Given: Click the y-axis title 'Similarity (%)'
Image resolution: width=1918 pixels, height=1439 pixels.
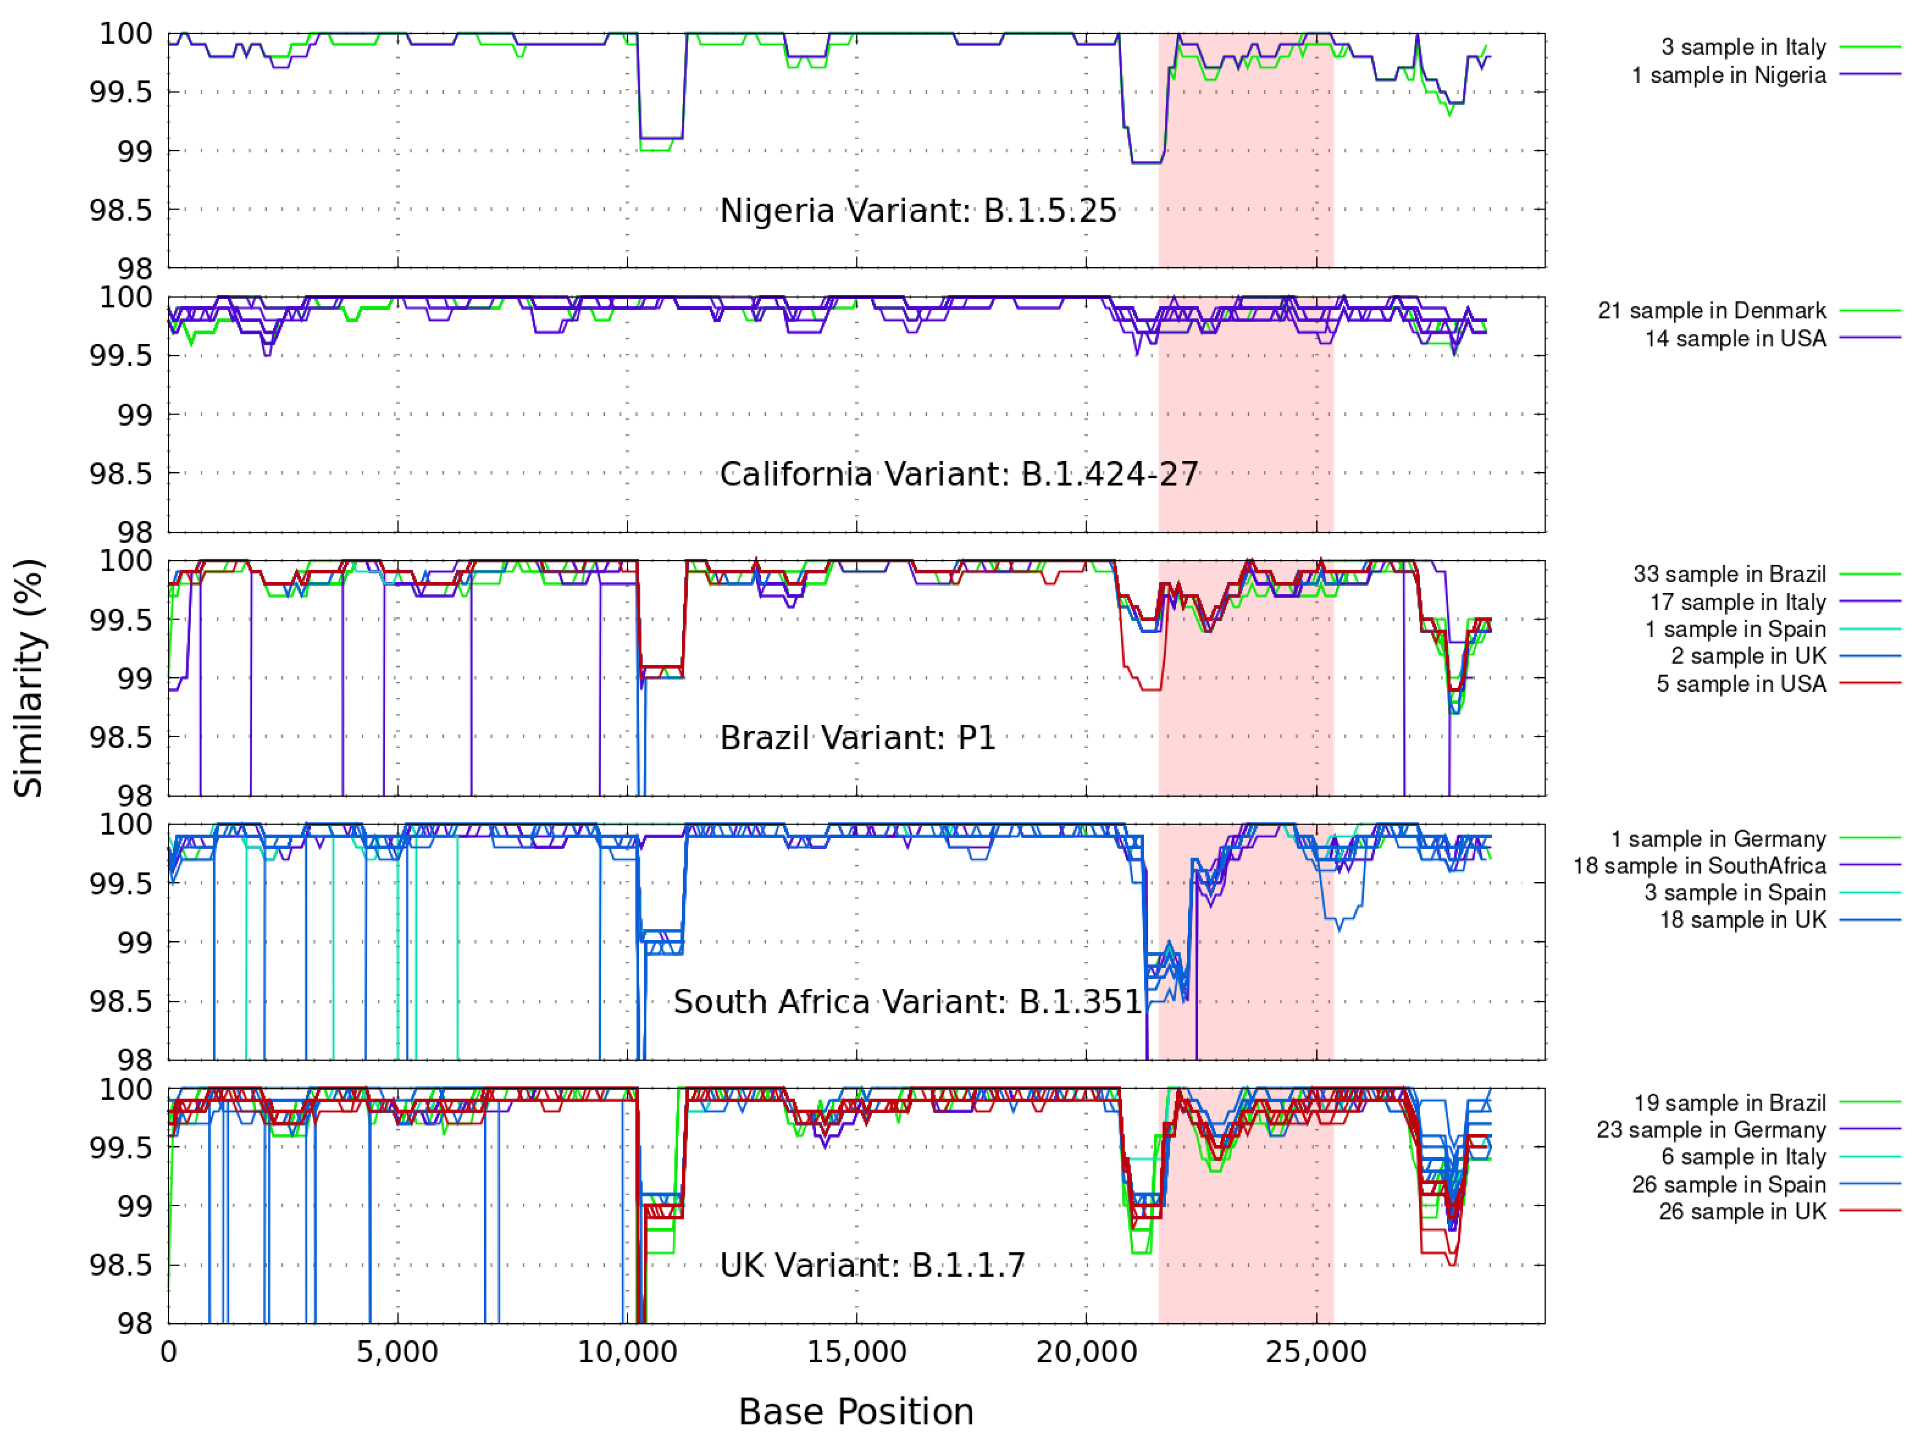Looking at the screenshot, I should [x=29, y=678].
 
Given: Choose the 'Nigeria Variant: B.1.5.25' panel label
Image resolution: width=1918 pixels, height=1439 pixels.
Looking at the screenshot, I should [x=918, y=210].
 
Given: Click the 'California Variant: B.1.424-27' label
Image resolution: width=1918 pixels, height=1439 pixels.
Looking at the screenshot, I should [x=959, y=474].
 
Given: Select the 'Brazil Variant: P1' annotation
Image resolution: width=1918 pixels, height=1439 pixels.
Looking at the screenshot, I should [x=857, y=738].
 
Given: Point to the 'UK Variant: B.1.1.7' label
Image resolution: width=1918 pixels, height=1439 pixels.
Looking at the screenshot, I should [x=872, y=1266].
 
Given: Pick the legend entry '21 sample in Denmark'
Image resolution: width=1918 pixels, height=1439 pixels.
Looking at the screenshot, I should [x=1712, y=310].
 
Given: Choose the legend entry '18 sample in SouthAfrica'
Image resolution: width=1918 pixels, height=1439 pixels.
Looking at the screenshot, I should [x=1699, y=865].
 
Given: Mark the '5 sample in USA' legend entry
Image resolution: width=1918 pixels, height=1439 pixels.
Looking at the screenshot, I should [x=1741, y=684].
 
